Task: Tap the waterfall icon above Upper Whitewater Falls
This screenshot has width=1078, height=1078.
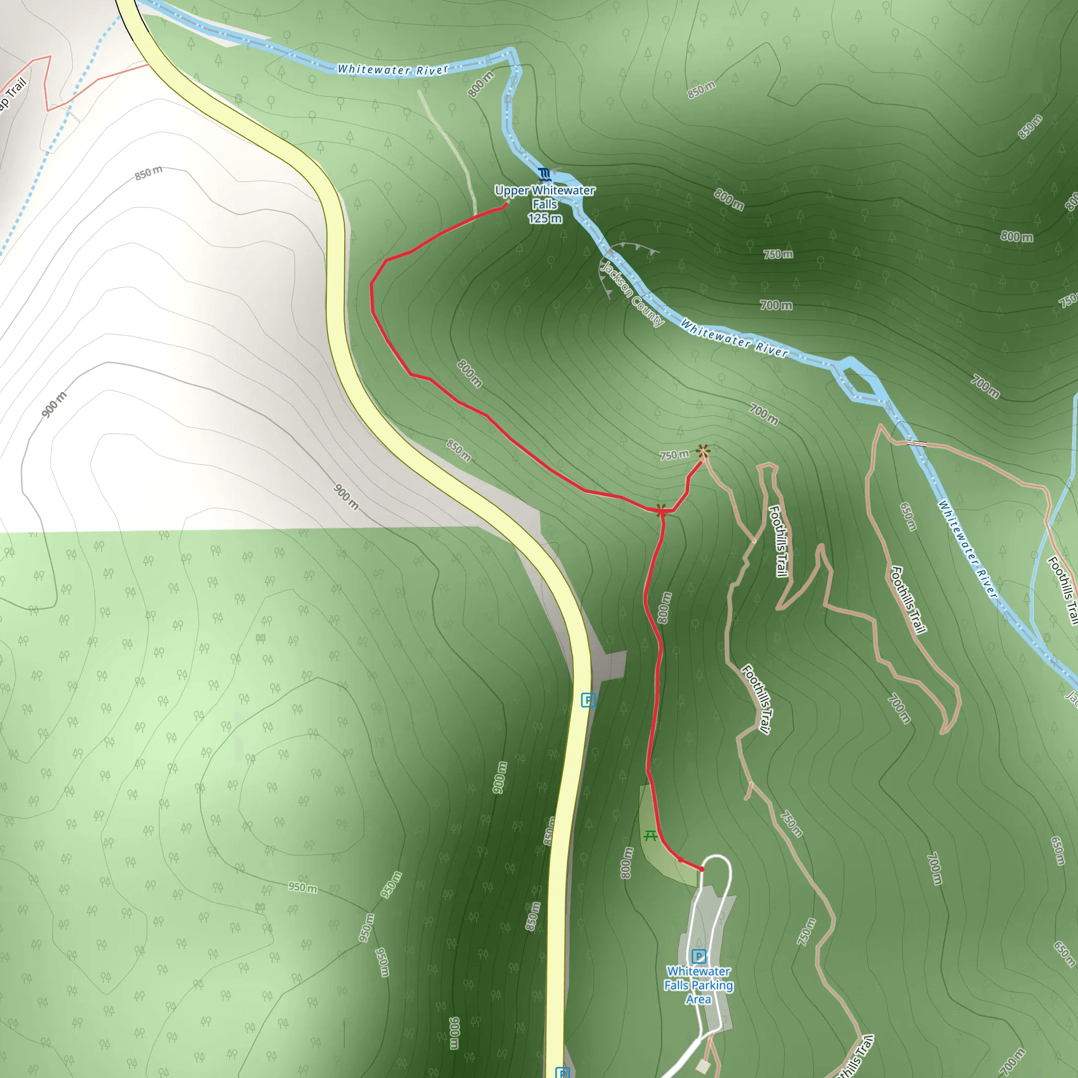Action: click(x=545, y=175)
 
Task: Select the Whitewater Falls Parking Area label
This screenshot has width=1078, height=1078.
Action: click(x=698, y=985)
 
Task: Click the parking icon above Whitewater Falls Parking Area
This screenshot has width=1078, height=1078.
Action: click(x=698, y=956)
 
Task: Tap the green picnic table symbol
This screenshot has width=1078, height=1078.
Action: click(x=650, y=836)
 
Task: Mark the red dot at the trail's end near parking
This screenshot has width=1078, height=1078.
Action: click(x=701, y=869)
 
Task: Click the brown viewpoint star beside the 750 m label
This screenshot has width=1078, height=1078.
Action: click(x=703, y=451)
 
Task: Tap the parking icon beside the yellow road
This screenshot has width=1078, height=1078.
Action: click(x=588, y=700)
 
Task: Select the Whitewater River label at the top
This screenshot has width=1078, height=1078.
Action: click(x=393, y=70)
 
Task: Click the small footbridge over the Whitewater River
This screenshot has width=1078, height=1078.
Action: click(x=916, y=444)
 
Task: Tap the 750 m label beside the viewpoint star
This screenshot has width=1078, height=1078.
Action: click(x=674, y=455)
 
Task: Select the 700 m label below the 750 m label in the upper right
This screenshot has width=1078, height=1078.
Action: click(x=775, y=305)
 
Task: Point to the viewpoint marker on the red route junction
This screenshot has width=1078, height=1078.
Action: click(x=661, y=510)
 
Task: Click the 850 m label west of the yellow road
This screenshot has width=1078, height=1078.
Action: click(x=148, y=174)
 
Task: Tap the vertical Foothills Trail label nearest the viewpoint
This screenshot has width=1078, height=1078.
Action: click(x=778, y=541)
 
